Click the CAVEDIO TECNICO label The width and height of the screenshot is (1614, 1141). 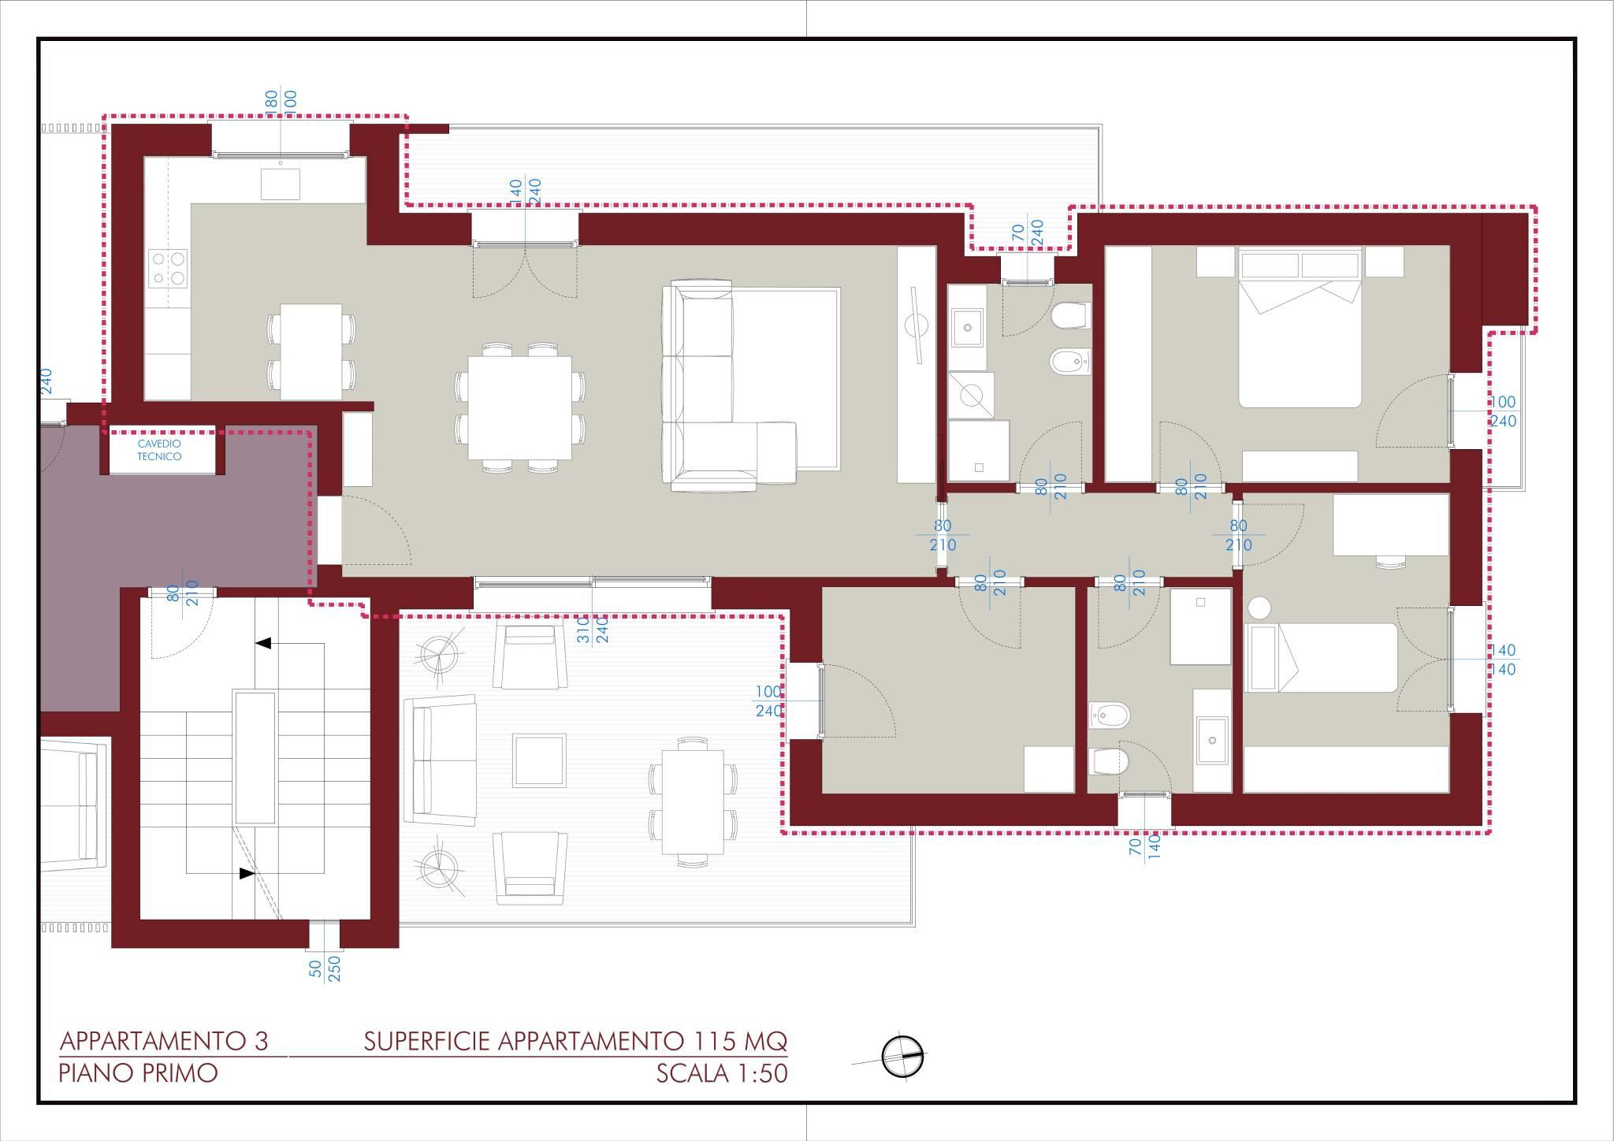(x=159, y=450)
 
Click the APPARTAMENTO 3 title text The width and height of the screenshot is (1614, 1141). (x=164, y=1041)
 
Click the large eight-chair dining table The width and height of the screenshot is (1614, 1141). (x=519, y=408)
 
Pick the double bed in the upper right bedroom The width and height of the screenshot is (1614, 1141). (x=1300, y=327)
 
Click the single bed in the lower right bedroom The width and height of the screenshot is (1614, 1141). (x=1320, y=658)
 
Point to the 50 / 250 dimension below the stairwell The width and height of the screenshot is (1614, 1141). (x=325, y=968)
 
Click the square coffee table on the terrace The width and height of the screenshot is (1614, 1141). (x=539, y=760)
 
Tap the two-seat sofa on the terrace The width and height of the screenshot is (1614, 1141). (x=440, y=760)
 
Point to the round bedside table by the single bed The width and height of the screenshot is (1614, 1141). (x=1259, y=608)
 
